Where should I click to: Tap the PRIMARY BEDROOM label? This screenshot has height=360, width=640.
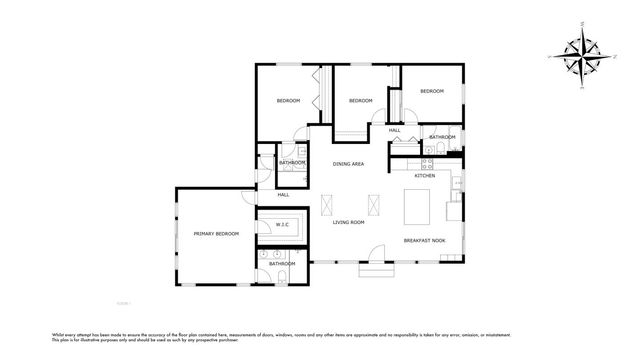216,233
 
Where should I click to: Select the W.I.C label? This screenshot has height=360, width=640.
282,225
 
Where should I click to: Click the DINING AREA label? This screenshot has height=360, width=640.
348,163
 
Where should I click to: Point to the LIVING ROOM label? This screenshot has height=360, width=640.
348,222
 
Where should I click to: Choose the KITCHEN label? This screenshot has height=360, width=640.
425,175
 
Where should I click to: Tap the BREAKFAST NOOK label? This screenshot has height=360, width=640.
424,241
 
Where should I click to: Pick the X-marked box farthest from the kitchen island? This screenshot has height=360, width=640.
330,205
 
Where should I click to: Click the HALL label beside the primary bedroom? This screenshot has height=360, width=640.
283,194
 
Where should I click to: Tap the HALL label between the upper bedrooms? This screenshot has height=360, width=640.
394,130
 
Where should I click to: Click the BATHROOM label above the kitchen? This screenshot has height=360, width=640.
442,137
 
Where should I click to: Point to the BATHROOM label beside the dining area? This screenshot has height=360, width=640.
292,162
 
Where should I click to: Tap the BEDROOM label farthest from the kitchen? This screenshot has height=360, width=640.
289,100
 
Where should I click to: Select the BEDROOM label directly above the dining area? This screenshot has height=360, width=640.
360,100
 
